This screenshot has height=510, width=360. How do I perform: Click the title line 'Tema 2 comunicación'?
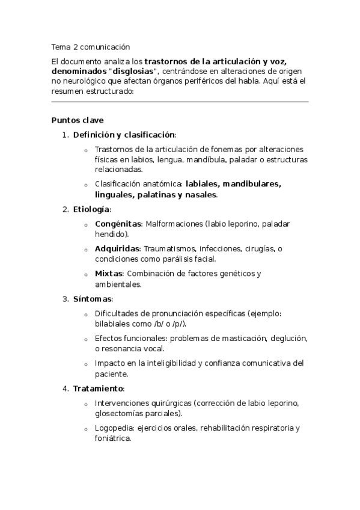click(x=90, y=46)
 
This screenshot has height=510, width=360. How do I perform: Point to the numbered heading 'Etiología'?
click(x=91, y=209)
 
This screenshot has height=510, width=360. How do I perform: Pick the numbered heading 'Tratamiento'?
click(x=98, y=388)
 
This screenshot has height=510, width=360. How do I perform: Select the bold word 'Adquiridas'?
click(x=117, y=248)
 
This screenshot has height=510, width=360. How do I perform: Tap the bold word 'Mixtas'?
click(x=108, y=274)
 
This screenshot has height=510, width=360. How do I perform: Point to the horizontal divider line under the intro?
click(x=180, y=102)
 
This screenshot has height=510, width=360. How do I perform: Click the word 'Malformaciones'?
click(x=175, y=224)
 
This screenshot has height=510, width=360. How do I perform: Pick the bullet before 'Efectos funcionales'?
click(x=87, y=339)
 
